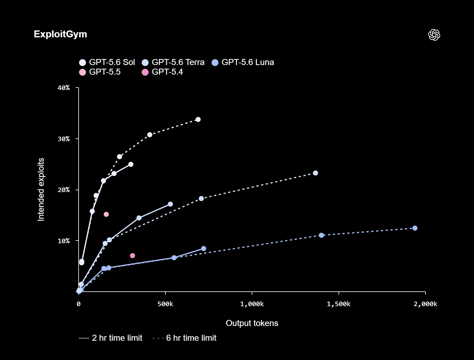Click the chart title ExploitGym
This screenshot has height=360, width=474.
click(x=60, y=34)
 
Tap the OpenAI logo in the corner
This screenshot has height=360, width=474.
click(x=434, y=35)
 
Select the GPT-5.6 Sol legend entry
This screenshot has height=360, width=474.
click(x=107, y=62)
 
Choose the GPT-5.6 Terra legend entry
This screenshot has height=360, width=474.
click(x=173, y=62)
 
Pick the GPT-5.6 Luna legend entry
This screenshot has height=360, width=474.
click(x=243, y=62)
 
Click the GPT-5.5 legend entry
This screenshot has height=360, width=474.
click(x=100, y=72)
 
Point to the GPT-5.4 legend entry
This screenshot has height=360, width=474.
click(x=162, y=72)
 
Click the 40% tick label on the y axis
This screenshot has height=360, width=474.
click(x=64, y=88)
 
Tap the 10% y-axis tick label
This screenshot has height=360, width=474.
click(x=64, y=241)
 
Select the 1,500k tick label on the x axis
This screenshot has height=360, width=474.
click(x=338, y=304)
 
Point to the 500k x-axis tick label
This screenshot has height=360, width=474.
click(x=165, y=304)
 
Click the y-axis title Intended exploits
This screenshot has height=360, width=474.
click(x=41, y=190)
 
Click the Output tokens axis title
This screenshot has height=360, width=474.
click(x=252, y=323)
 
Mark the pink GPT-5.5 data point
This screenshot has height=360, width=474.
click(x=106, y=214)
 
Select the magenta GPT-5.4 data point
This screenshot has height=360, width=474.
click(x=133, y=256)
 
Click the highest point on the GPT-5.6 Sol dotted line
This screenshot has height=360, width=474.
click(x=198, y=119)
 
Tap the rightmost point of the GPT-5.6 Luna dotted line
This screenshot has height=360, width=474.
click(x=415, y=228)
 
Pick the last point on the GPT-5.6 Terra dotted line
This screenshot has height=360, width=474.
click(x=316, y=173)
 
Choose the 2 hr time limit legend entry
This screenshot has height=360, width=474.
click(x=111, y=338)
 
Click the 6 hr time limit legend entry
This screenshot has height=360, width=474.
click(x=184, y=338)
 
